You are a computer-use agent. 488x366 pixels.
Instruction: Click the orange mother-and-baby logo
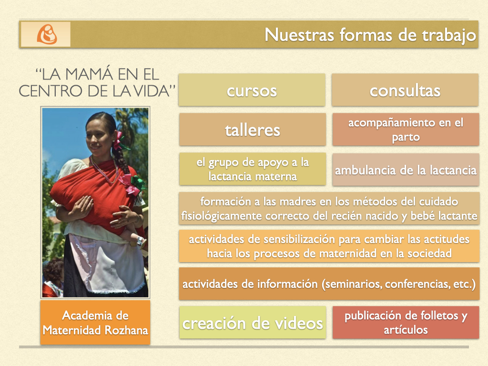click(47, 34)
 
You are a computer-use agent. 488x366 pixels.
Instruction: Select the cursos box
click(252, 90)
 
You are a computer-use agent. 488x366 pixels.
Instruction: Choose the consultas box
click(405, 90)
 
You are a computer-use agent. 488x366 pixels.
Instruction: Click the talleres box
click(253, 130)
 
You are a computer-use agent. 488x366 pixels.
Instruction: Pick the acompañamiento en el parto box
click(406, 130)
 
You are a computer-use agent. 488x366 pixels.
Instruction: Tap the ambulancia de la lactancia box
click(406, 170)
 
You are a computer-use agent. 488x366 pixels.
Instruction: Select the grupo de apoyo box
click(253, 169)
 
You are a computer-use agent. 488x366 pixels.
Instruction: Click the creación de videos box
click(253, 323)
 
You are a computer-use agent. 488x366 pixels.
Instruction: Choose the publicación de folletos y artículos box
click(406, 323)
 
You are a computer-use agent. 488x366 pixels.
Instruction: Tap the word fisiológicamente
click(222, 216)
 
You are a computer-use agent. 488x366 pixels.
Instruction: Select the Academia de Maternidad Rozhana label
click(95, 323)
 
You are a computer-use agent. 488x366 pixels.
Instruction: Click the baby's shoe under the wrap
click(141, 241)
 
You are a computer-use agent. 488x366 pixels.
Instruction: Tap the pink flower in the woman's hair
click(118, 141)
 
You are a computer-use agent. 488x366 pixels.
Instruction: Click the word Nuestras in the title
click(299, 34)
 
